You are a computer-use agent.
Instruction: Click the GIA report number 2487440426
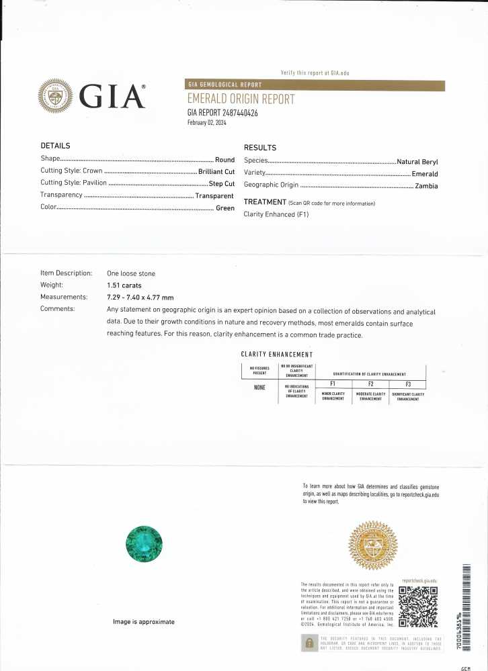[222, 113]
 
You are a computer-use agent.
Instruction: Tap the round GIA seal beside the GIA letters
[56, 97]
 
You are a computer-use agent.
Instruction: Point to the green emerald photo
[145, 543]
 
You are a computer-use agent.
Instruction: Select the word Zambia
[426, 185]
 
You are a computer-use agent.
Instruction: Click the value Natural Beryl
[417, 161]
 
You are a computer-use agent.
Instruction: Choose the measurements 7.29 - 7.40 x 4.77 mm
[140, 297]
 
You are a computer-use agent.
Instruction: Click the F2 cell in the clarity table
[370, 384]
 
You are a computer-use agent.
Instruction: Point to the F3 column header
[408, 384]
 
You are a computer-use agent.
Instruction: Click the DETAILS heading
[55, 146]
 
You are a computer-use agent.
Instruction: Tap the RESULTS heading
[259, 147]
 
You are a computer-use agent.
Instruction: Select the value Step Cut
[221, 183]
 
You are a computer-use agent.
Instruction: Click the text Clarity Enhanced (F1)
[276, 214]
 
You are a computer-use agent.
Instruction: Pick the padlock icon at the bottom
[309, 643]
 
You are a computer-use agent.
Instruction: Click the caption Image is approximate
[144, 622]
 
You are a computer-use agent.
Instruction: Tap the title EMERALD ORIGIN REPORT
[241, 99]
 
